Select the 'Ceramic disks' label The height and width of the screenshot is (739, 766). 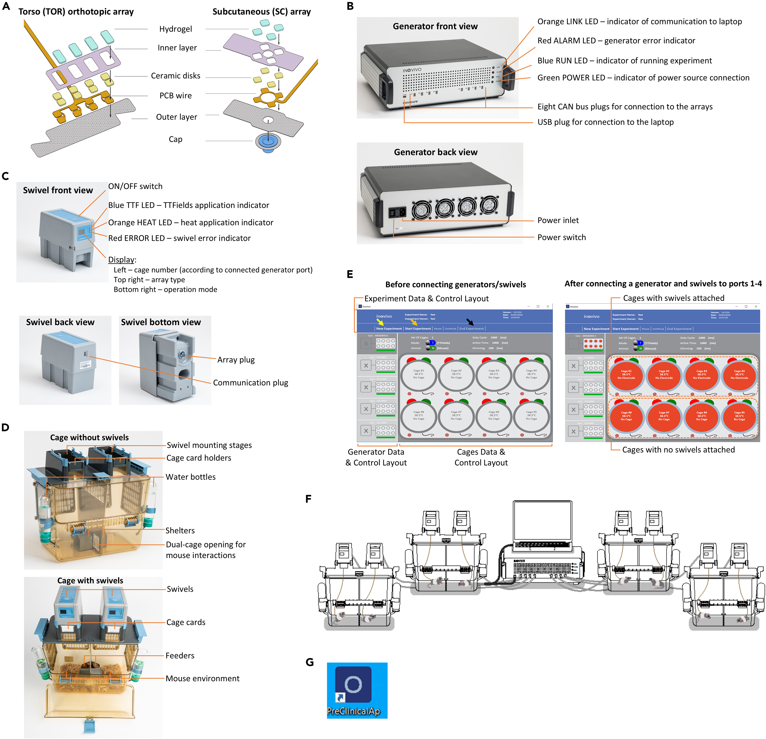pyautogui.click(x=175, y=76)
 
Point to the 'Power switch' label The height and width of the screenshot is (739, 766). pyautogui.click(x=561, y=237)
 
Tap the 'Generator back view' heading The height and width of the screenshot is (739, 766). pyautogui.click(x=435, y=152)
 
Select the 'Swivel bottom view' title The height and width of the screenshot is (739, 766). pyautogui.click(x=161, y=322)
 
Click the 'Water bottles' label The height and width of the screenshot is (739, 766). pyautogui.click(x=190, y=477)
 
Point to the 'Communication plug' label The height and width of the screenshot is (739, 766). pyautogui.click(x=250, y=383)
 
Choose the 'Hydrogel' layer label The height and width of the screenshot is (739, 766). pyautogui.click(x=175, y=29)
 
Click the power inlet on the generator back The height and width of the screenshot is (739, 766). pyautogui.click(x=401, y=212)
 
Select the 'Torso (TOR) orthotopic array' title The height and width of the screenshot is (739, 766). pyautogui.click(x=76, y=12)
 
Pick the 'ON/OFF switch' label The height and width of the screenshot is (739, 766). pyautogui.click(x=135, y=186)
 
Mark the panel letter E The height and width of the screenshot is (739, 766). pyautogui.click(x=350, y=274)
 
